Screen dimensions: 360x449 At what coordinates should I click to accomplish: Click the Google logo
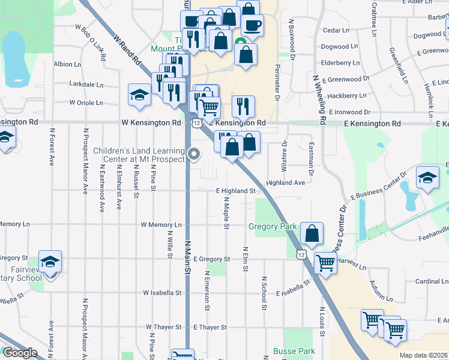pyautogui.click(x=19, y=353)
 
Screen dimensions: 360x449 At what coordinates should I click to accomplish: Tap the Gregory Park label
pyautogui.click(x=273, y=226)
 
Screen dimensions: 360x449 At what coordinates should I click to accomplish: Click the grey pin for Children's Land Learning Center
pyautogui.click(x=194, y=154)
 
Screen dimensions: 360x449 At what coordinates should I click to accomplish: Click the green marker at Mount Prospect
pyautogui.click(x=240, y=43)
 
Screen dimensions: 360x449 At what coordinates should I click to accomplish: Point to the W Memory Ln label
pyautogui.click(x=161, y=225)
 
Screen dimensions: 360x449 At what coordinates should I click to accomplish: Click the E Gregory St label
pyautogui.click(x=212, y=259)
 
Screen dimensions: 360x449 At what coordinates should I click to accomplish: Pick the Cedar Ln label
pyautogui.click(x=336, y=30)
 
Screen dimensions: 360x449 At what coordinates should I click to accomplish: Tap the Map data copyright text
pyautogui.click(x=423, y=355)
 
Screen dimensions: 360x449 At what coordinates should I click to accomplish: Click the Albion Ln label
pyautogui.click(x=67, y=64)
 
